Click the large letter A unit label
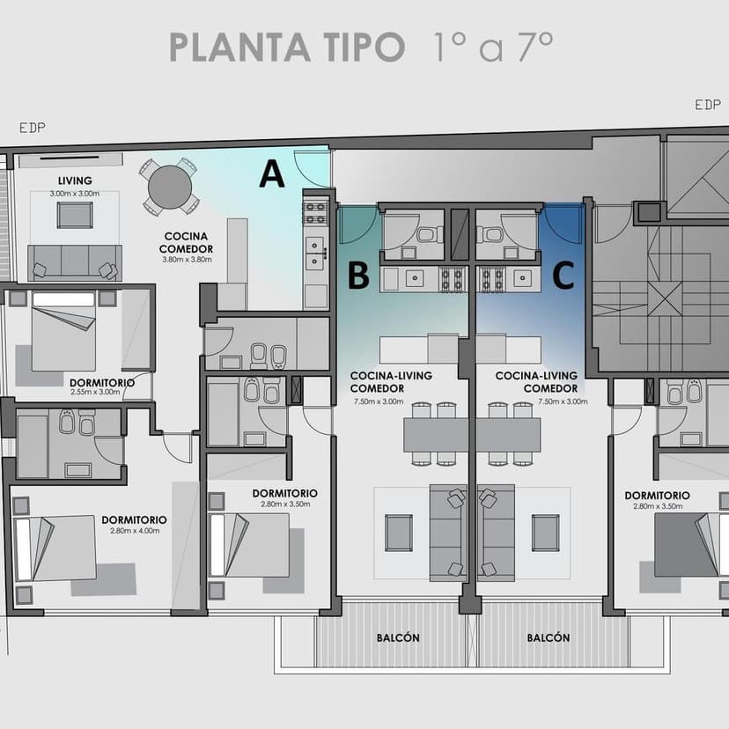pyautogui.click(x=272, y=173)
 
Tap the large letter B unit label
pyautogui.click(x=358, y=276)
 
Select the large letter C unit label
pyautogui.click(x=563, y=276)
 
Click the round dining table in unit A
pyautogui.click(x=170, y=187)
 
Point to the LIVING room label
pyautogui.click(x=75, y=180)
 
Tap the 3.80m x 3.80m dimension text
pyautogui.click(x=187, y=260)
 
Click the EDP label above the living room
pyautogui.click(x=33, y=128)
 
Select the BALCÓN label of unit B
pyautogui.click(x=398, y=637)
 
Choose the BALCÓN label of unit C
pyautogui.click(x=549, y=637)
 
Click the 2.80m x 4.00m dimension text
pyautogui.click(x=135, y=531)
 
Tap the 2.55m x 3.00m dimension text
pyautogui.click(x=95, y=392)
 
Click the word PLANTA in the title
pyautogui.click(x=239, y=48)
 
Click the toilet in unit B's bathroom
pyautogui.click(x=429, y=234)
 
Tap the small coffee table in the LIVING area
pyautogui.click(x=75, y=215)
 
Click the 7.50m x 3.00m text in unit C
pyautogui.click(x=563, y=401)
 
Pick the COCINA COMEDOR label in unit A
pyautogui.click(x=186, y=243)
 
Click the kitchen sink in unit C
pyautogui.click(x=523, y=279)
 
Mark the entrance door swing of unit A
pyautogui.click(x=309, y=168)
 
